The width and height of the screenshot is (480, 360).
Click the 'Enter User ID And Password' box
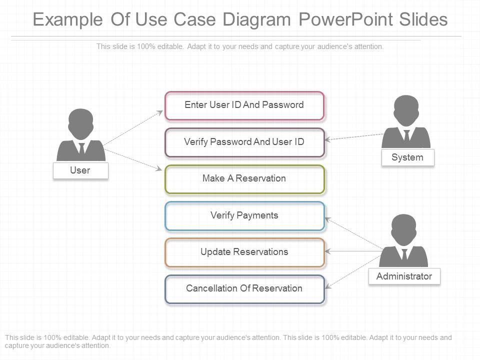(244, 105)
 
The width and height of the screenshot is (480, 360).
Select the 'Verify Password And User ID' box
(244, 142)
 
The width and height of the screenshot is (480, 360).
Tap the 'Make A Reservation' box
(244, 179)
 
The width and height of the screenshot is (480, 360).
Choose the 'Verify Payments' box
(244, 215)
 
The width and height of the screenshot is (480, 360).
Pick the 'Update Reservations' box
(244, 252)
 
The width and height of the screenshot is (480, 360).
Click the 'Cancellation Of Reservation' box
(244, 289)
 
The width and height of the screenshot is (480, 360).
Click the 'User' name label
(80, 170)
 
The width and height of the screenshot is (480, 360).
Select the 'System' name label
(407, 157)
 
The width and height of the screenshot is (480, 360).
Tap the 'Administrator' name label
(404, 276)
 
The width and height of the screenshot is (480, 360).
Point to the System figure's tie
(406, 135)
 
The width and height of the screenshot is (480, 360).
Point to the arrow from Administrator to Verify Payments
(353, 233)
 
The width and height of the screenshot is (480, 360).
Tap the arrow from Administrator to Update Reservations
(353, 251)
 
